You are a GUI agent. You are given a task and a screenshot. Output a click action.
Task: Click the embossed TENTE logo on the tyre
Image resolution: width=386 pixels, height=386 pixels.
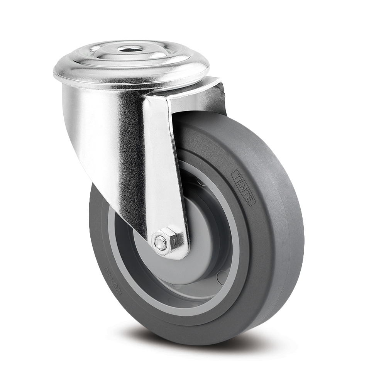[242, 188]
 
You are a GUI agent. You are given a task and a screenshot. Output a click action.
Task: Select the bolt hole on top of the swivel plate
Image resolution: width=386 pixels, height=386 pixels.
[127, 49]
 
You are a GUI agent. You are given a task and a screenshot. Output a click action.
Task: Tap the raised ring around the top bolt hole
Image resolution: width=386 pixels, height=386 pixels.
[127, 54]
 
